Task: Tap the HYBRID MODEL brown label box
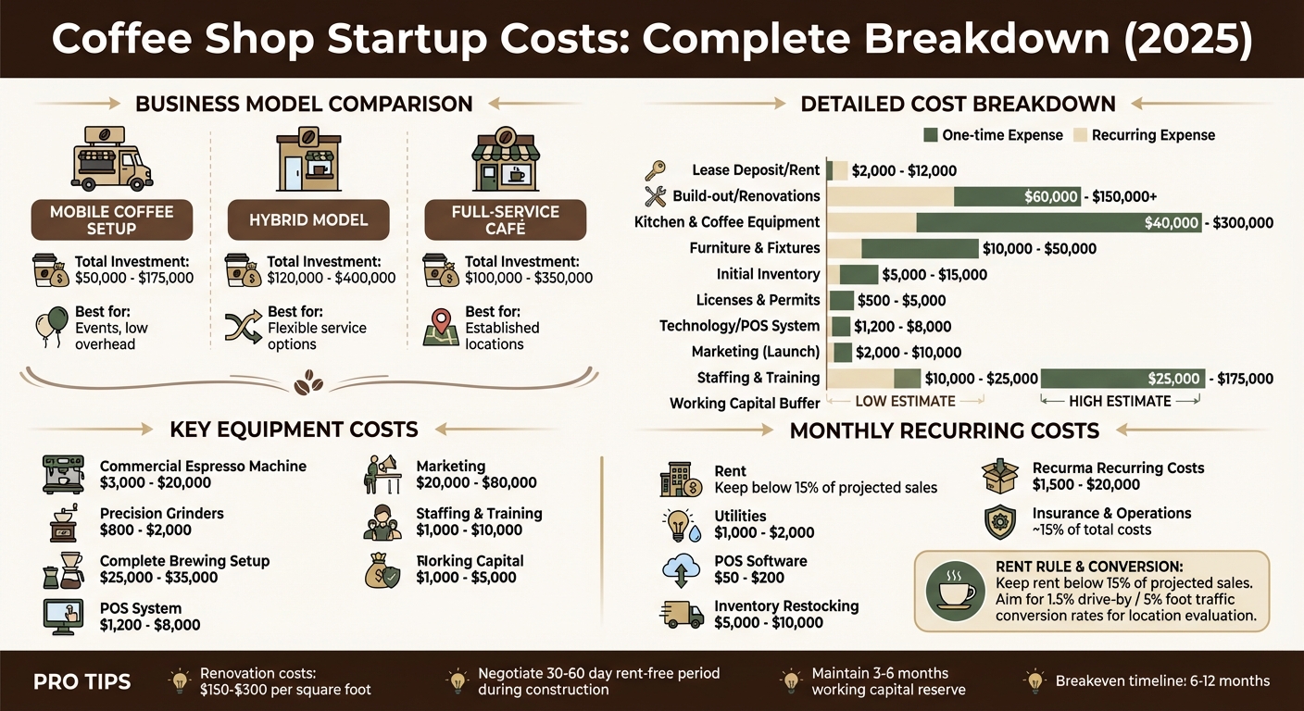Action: tap(308, 220)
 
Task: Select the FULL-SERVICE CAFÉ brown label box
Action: tap(505, 220)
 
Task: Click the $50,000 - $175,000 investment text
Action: tap(134, 278)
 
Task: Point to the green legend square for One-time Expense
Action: tap(931, 135)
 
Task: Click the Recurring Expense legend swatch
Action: tap(1080, 135)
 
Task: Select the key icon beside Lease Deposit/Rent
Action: tap(656, 170)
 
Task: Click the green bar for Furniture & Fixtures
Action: tap(920, 248)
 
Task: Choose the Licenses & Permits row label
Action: tap(758, 300)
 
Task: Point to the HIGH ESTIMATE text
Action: tap(1120, 401)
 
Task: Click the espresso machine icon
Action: tap(64, 475)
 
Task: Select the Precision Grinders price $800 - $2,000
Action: tap(145, 530)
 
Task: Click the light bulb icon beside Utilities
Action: tap(681, 525)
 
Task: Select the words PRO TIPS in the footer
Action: tap(81, 682)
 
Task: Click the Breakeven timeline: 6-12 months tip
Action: tap(1162, 681)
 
